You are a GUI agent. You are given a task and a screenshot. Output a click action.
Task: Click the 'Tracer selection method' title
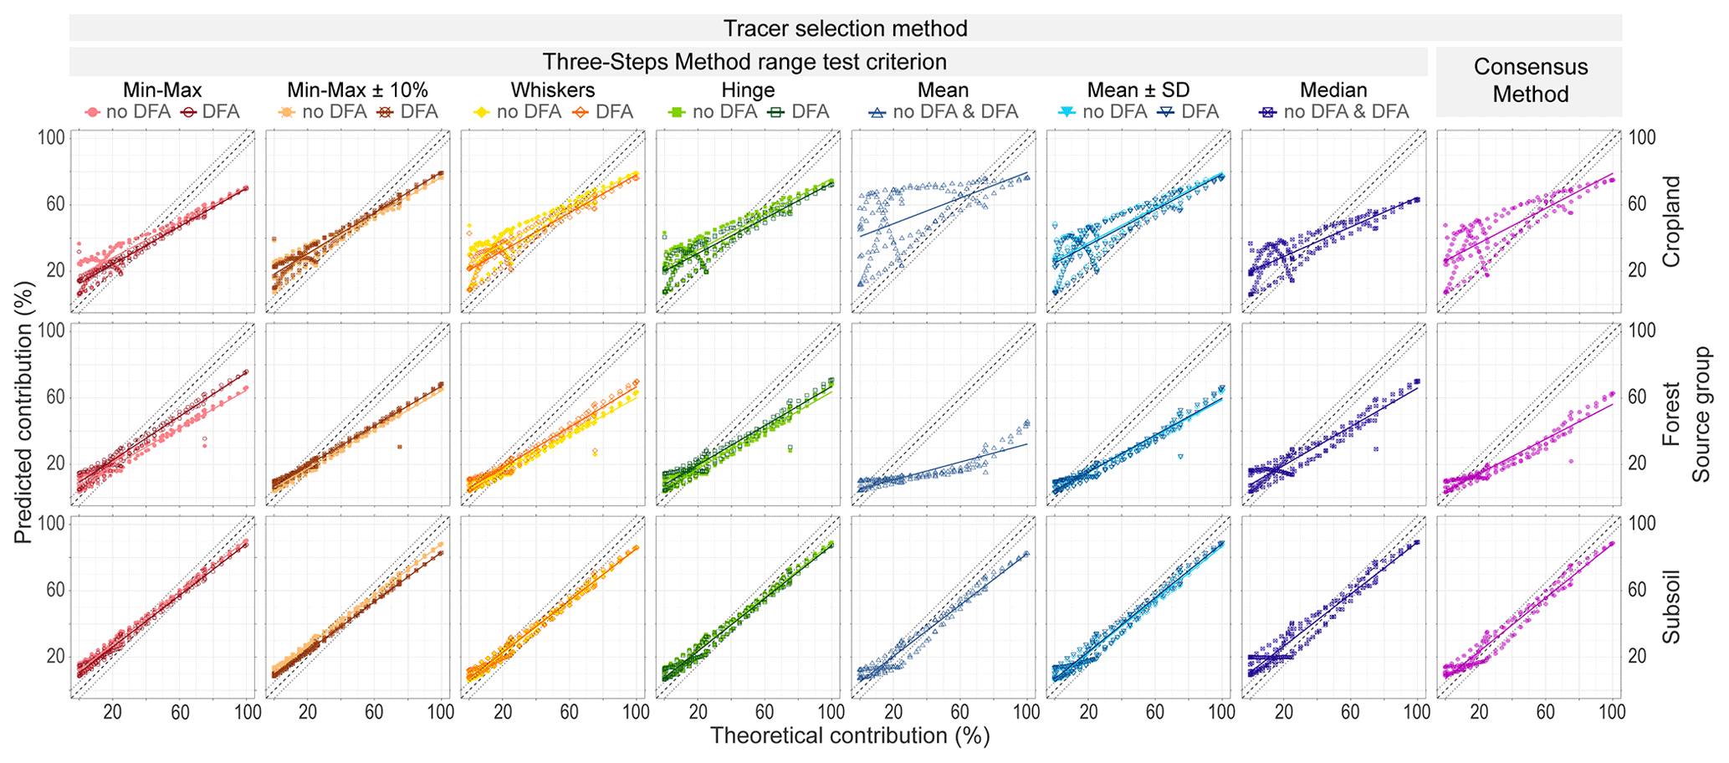click(x=845, y=28)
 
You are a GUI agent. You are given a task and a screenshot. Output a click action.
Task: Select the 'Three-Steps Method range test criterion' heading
click(x=744, y=62)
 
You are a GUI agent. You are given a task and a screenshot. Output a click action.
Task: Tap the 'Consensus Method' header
click(x=1530, y=80)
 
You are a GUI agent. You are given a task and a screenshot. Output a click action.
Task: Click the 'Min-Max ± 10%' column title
click(x=357, y=90)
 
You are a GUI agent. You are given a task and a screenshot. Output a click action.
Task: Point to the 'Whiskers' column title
click(x=553, y=90)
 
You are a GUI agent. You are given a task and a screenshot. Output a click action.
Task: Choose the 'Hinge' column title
click(x=748, y=90)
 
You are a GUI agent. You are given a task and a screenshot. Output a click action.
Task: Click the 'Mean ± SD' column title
click(x=1138, y=90)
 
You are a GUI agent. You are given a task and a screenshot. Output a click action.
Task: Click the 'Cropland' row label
click(x=1670, y=222)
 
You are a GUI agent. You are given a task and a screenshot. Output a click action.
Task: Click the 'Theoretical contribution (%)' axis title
click(x=849, y=736)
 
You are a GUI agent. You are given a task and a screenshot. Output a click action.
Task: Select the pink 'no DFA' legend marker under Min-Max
click(x=93, y=111)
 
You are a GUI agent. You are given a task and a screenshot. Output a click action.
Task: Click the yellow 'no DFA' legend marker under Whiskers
click(x=483, y=111)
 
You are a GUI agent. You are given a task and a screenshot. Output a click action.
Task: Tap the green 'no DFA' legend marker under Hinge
click(x=678, y=111)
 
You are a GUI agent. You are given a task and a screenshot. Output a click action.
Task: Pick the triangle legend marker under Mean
click(x=878, y=111)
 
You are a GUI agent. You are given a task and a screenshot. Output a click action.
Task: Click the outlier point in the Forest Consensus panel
click(x=1571, y=461)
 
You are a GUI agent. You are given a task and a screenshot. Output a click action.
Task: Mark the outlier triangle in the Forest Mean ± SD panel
click(x=1180, y=457)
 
